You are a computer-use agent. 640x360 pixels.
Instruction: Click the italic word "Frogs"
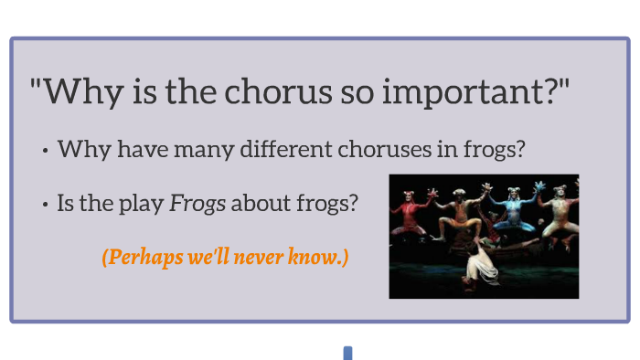197,203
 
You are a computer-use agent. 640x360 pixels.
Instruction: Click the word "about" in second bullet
259,203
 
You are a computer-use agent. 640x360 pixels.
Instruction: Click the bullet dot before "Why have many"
45,152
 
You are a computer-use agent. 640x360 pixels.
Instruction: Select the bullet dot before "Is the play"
45,206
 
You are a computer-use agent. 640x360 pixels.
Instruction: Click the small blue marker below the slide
347,353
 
